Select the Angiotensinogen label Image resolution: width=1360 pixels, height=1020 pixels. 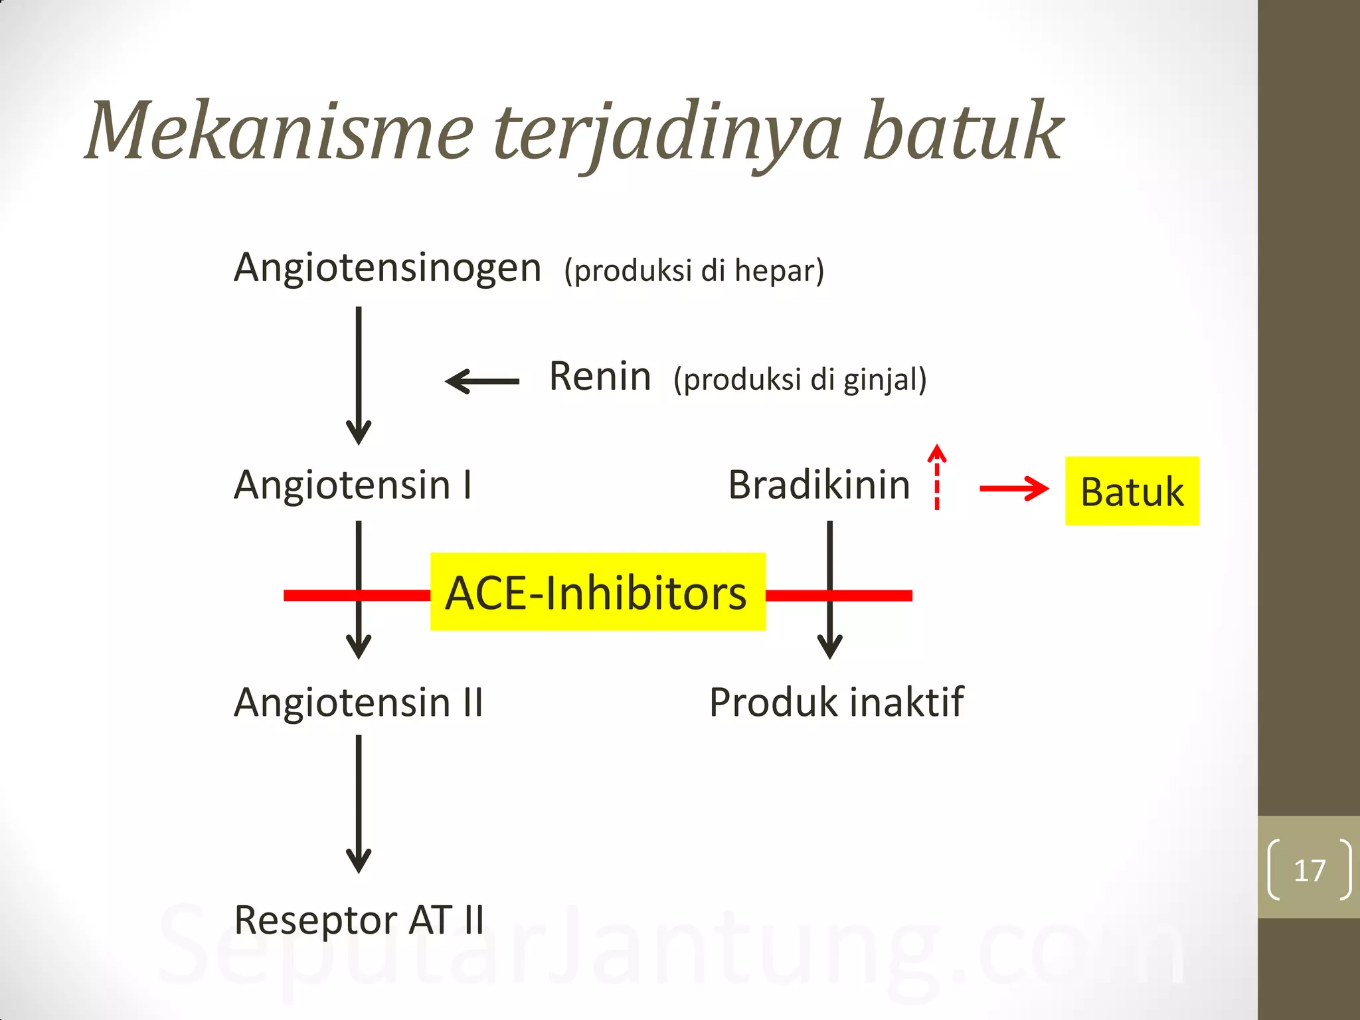388,269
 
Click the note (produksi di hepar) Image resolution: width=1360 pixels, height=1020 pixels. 694,271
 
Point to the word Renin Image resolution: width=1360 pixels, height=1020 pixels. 600,377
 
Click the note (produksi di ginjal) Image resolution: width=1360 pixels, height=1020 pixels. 800,380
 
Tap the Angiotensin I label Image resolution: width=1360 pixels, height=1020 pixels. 353,485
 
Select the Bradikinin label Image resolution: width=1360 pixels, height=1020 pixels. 819,485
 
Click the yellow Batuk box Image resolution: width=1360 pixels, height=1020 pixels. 1132,491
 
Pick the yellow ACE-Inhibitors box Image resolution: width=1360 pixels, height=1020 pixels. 598,591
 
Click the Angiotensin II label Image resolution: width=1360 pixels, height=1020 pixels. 359,703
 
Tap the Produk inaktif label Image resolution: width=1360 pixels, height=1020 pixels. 836,703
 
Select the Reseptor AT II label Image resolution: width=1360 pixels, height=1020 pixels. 359,920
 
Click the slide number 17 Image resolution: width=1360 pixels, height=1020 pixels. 1309,870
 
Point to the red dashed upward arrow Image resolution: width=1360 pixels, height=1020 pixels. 936,477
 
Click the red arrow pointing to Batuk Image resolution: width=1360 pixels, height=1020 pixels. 1013,489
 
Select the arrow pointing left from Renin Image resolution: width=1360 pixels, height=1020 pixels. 482,381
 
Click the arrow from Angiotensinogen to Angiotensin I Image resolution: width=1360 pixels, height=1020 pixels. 359,375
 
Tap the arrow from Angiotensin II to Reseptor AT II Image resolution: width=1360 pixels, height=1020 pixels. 359,804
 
